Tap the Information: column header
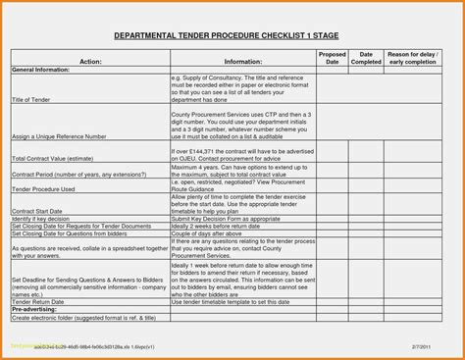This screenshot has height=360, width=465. tap(242, 60)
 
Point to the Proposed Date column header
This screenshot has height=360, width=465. tap(334, 57)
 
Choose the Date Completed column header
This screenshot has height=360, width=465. tap(366, 57)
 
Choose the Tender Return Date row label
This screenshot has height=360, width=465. tap(44, 301)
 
